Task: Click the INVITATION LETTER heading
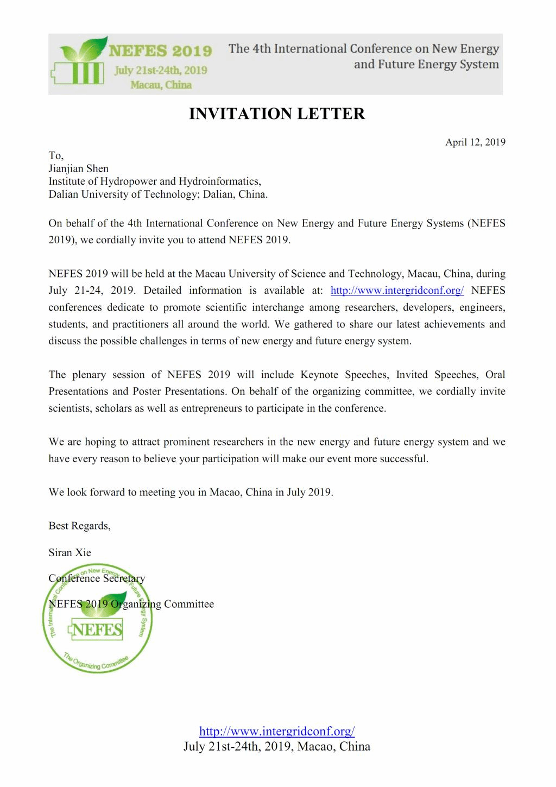tap(277, 114)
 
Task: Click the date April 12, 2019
tap(475, 142)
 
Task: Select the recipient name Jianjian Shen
tap(79, 168)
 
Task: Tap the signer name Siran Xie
tap(69, 552)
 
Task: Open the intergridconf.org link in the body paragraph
tap(397, 291)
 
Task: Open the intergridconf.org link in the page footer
tap(277, 731)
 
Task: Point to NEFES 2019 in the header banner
tap(161, 51)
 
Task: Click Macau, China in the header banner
tap(161, 85)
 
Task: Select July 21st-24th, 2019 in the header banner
tap(161, 70)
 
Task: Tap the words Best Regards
tap(79, 526)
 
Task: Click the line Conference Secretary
tap(97, 578)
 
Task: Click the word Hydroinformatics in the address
tap(219, 181)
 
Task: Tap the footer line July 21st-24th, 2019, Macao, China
tap(277, 746)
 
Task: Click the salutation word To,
tap(56, 155)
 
